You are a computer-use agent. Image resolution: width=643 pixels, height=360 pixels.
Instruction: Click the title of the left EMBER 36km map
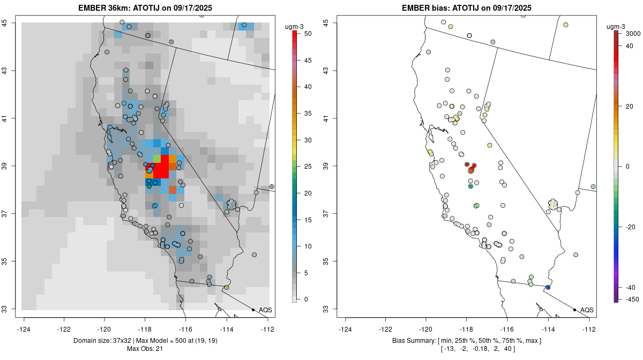pyautogui.click(x=148, y=7)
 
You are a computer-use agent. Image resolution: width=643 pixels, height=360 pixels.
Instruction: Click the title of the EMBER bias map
pyautogui.click(x=467, y=7)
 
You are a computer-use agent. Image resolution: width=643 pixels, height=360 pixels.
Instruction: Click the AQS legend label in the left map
pyautogui.click(x=265, y=310)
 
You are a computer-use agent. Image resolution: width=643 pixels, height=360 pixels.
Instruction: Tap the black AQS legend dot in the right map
pyautogui.click(x=574, y=310)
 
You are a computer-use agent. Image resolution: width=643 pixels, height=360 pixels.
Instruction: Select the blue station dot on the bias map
pyautogui.click(x=548, y=288)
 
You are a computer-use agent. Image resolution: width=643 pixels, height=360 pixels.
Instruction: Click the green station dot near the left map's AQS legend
pyautogui.click(x=227, y=288)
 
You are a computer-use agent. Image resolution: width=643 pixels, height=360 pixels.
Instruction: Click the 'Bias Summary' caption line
pyautogui.click(x=467, y=341)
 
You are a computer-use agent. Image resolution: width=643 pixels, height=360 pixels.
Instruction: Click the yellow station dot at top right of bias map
pyautogui.click(x=565, y=25)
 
